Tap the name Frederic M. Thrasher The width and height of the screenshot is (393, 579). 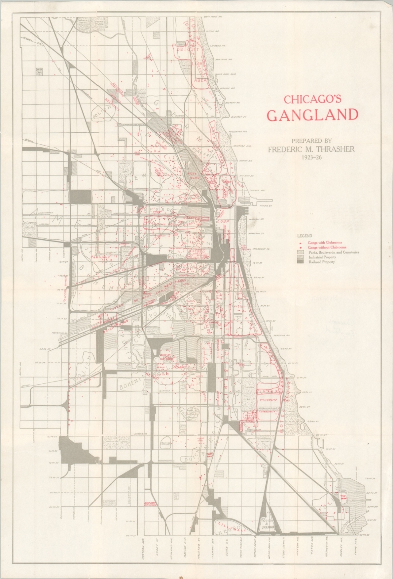coord(311,149)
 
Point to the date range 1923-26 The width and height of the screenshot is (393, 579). coord(311,157)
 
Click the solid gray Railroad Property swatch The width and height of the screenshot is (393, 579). coord(301,262)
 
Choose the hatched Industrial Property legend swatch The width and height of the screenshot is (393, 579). coord(301,257)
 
